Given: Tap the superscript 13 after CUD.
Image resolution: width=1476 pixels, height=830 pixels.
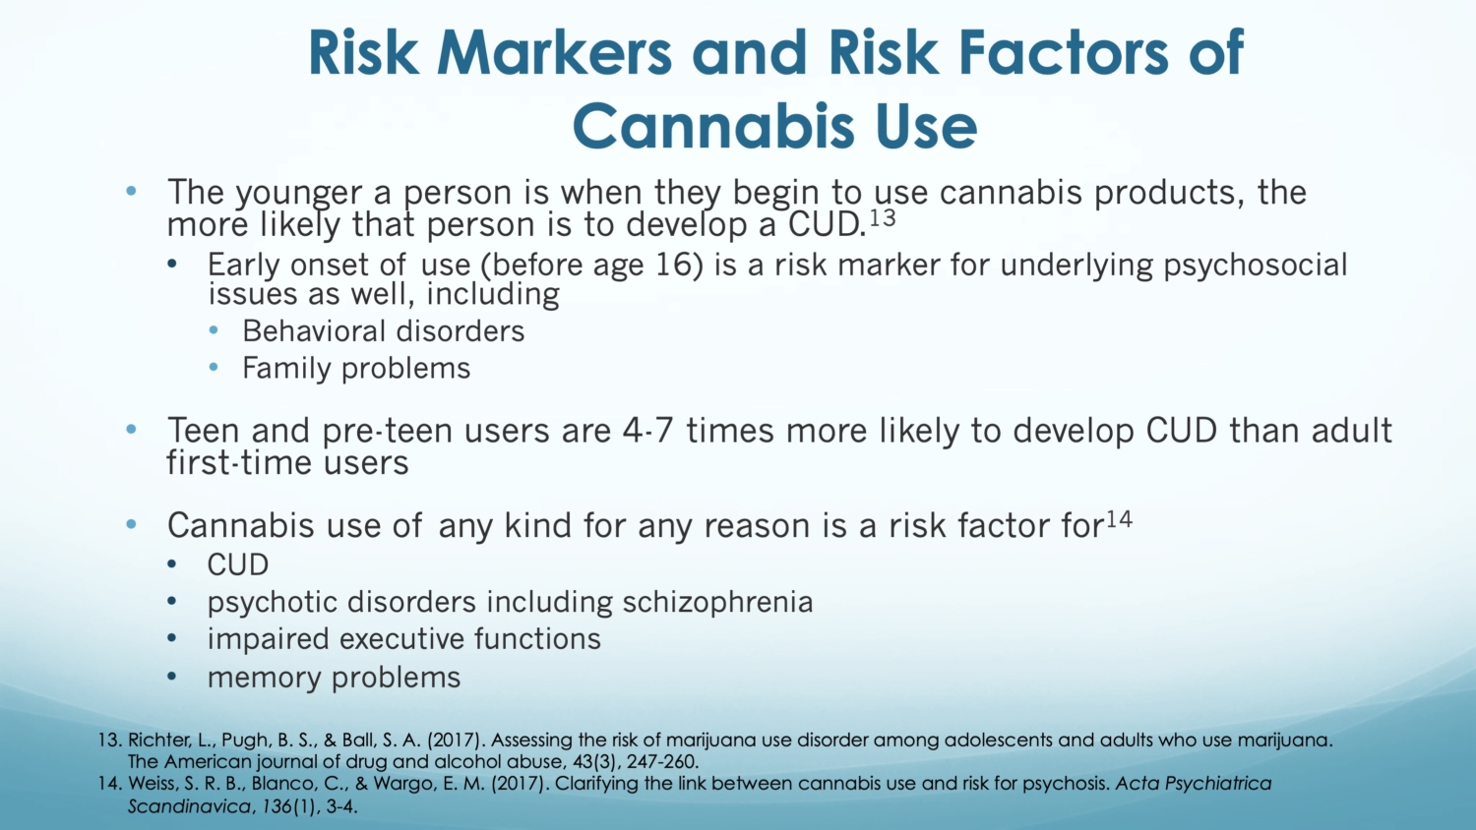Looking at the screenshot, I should tap(883, 217).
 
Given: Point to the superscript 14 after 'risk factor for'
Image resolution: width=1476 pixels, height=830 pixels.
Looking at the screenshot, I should tap(1119, 518).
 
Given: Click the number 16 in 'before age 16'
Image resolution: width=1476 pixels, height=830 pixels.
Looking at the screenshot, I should tap(677, 265).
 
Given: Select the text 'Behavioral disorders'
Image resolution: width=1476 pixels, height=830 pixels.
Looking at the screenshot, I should tap(383, 331).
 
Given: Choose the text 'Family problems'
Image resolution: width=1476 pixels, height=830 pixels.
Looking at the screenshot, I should tap(356, 368).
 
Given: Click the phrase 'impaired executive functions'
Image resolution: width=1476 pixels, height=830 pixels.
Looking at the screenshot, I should tap(403, 639).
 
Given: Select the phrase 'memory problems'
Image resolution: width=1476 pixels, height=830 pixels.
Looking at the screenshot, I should tap(334, 678).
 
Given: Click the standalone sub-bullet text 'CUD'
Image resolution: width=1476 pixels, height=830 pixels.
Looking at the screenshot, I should tap(237, 564).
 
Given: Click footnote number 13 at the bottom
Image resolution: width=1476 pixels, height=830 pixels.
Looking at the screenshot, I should tap(108, 740).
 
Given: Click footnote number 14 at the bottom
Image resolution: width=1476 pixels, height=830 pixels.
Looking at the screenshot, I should tap(108, 784).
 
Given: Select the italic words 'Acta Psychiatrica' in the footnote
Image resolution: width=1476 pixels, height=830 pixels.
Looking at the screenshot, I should tap(1193, 784).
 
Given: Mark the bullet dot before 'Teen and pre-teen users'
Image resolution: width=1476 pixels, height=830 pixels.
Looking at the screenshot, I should tap(131, 430).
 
